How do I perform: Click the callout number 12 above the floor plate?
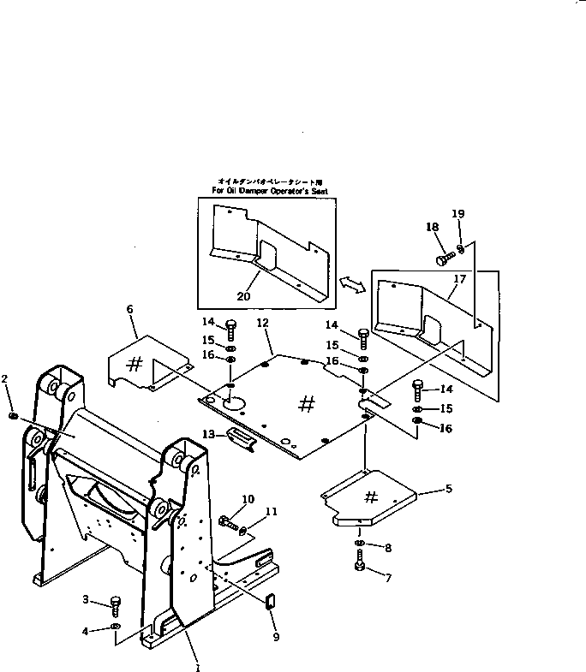(262, 323)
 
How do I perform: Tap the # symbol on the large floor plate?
(306, 405)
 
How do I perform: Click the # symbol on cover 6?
(135, 363)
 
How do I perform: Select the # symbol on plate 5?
(372, 497)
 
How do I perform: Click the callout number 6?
(131, 309)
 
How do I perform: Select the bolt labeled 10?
(226, 520)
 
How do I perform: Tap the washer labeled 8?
(360, 544)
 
